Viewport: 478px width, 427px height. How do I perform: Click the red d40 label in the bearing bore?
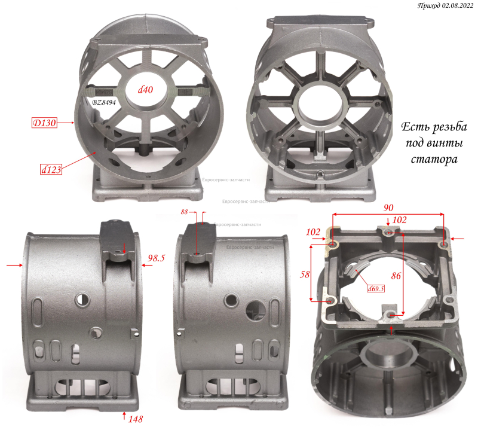[x=145, y=90]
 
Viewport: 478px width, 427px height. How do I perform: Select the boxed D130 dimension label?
[x=44, y=123]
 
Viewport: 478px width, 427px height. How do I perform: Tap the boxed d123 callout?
[x=51, y=169]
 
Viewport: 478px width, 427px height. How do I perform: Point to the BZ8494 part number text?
[x=104, y=102]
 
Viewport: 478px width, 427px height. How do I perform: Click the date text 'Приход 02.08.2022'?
[x=445, y=6]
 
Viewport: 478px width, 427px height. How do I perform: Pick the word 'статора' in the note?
[x=434, y=159]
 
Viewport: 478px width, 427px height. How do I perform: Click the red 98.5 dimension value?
[x=156, y=258]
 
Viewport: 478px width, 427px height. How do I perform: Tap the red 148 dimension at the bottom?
[x=136, y=419]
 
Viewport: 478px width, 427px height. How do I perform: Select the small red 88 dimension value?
[x=184, y=212]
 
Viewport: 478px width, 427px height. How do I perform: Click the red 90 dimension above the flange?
[x=388, y=208]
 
